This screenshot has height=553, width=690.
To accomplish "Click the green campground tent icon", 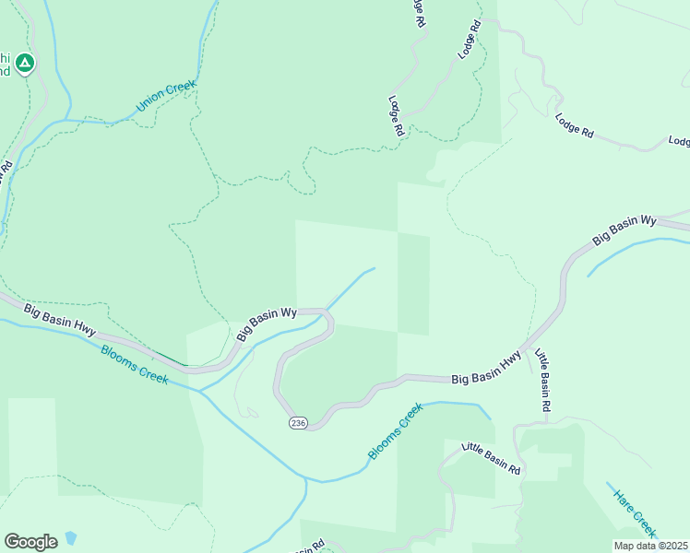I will [26, 63].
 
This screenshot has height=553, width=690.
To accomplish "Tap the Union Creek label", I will [166, 97].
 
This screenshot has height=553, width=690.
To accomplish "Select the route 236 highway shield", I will [297, 422].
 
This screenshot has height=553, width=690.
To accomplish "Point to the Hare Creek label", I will [634, 510].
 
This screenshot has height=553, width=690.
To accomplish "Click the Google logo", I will [30, 541].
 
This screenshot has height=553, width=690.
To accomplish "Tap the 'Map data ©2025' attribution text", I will [651, 546].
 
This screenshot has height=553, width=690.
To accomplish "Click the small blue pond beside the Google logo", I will [69, 539].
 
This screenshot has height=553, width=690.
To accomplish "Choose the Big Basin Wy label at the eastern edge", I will [624, 230].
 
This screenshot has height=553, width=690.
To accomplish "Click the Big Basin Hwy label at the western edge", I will [60, 319].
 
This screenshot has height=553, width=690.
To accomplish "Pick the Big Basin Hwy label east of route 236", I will [486, 366].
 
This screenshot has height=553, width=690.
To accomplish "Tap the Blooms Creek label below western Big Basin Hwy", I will [135, 363].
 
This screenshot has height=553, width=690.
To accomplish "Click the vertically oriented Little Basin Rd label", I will [544, 380].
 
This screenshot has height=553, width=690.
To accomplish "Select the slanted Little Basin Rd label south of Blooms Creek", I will [491, 458].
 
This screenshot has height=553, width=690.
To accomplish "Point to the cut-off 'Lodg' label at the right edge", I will [679, 141].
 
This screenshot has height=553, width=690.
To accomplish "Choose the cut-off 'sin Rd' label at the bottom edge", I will [310, 547].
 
